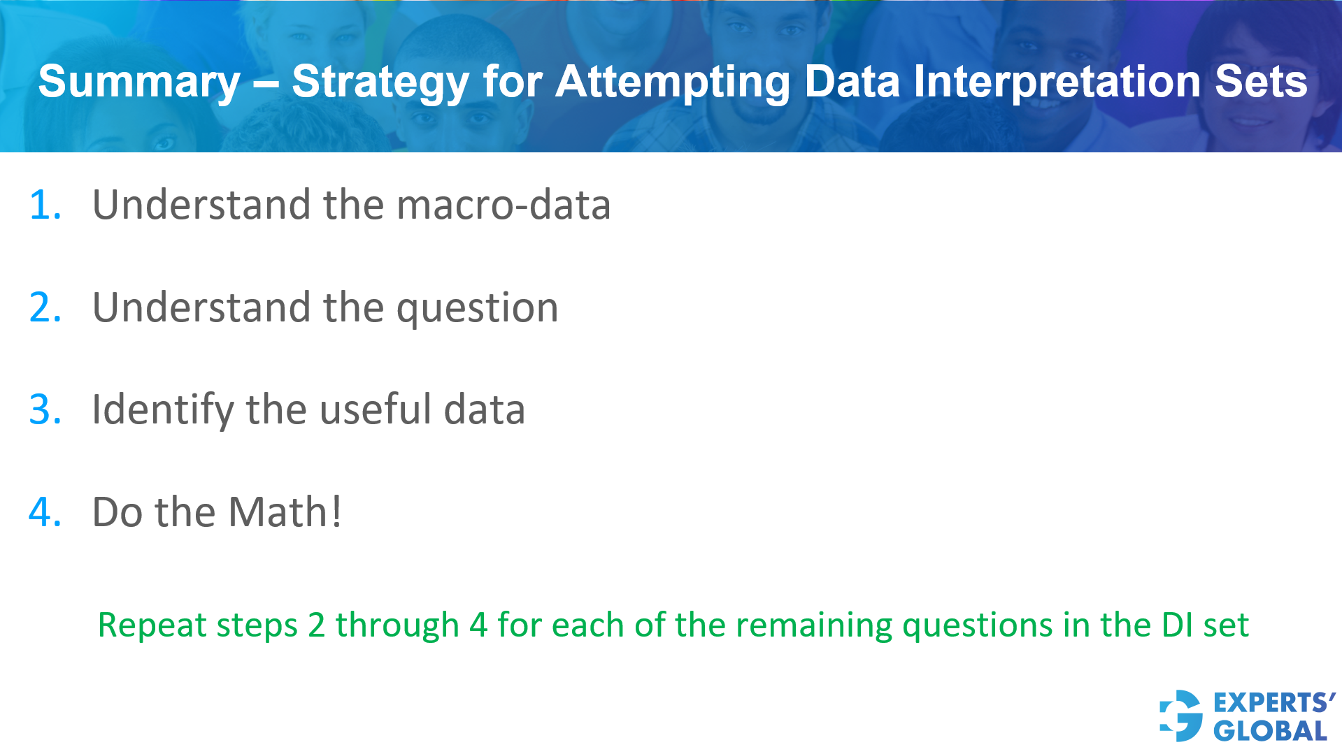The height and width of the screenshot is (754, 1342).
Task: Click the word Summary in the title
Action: pyautogui.click(x=138, y=82)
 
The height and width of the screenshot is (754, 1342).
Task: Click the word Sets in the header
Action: pyautogui.click(x=1260, y=82)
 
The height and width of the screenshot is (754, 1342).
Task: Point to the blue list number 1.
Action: pyautogui.click(x=45, y=205)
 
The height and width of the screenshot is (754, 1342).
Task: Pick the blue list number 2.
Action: pyautogui.click(x=45, y=307)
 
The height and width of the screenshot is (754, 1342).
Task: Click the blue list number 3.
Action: pyautogui.click(x=45, y=409)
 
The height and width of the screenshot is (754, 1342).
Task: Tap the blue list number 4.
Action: pyautogui.click(x=45, y=512)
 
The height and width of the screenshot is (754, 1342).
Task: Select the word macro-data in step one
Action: pyautogui.click(x=504, y=205)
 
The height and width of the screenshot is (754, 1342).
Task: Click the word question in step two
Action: pyautogui.click(x=477, y=307)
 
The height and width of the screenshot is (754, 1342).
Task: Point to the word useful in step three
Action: pyautogui.click(x=375, y=409)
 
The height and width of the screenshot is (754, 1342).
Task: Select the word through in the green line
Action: pyautogui.click(x=397, y=625)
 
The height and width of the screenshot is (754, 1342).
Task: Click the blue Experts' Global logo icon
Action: pyautogui.click(x=1181, y=716)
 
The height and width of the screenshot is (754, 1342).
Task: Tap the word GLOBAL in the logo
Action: pyautogui.click(x=1270, y=731)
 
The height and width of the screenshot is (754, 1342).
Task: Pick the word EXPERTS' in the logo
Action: pyautogui.click(x=1273, y=702)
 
